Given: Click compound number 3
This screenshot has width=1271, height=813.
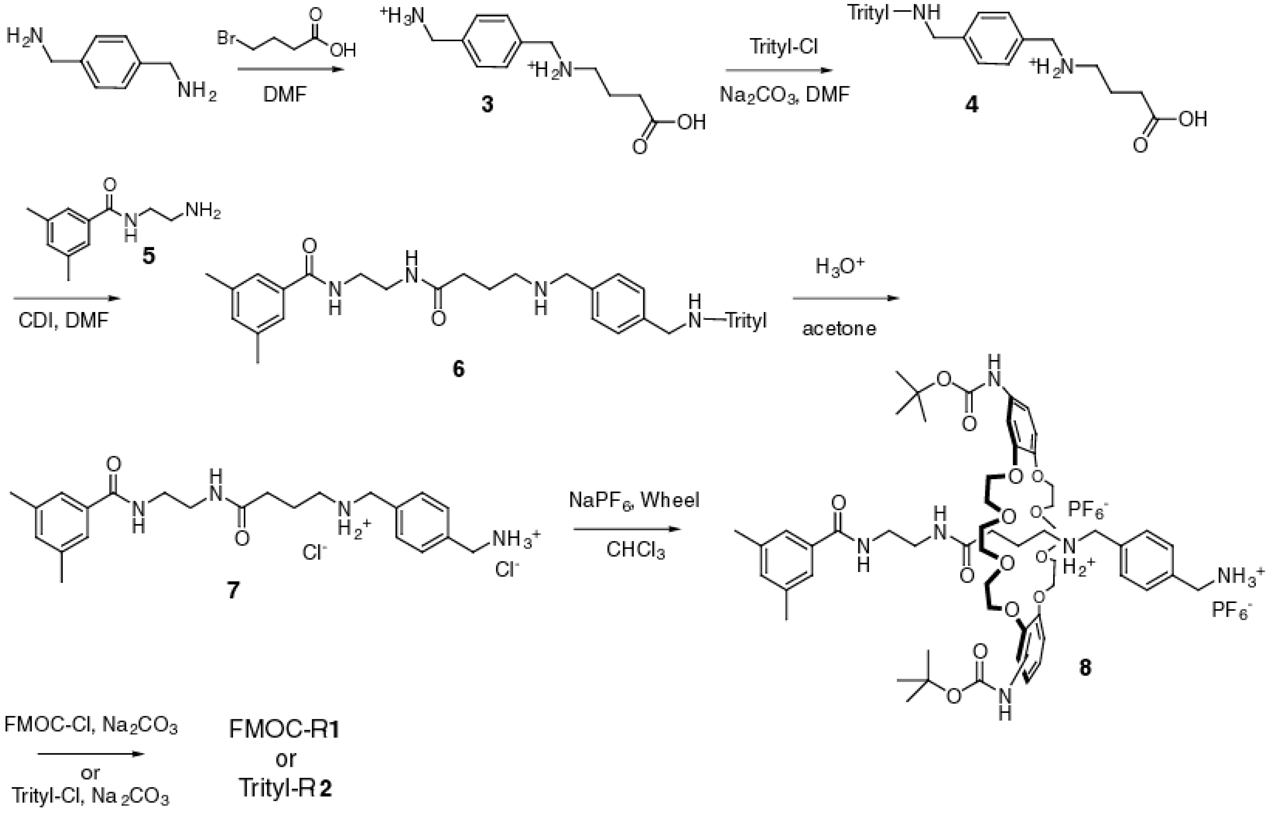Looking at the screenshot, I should [486, 104].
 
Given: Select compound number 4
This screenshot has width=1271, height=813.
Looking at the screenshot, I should [971, 104].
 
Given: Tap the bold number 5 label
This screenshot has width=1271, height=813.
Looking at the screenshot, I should [149, 257].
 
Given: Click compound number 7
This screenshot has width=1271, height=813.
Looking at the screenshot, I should [233, 590].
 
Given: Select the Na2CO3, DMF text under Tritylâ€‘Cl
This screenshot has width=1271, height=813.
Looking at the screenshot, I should [785, 94].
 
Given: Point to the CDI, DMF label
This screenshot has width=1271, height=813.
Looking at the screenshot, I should [63, 320].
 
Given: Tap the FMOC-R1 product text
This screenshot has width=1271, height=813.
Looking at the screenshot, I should [285, 730].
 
